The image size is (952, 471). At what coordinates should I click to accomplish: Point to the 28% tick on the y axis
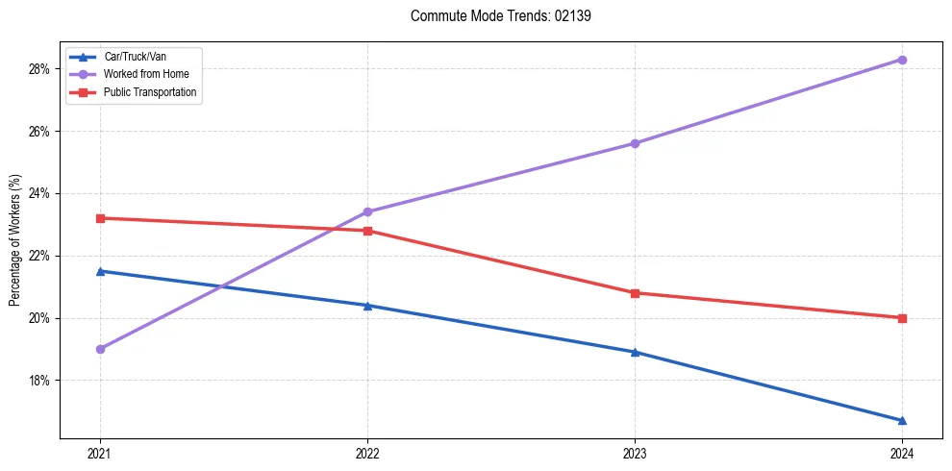39,69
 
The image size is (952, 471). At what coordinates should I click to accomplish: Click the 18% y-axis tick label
39,381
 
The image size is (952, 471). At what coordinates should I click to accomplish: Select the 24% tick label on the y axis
39,194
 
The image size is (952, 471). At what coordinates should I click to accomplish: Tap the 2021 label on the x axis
100,453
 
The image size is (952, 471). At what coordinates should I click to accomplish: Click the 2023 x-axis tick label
635,453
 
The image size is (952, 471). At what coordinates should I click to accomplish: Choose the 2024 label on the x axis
902,453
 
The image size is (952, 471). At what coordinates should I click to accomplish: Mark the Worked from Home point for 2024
902,60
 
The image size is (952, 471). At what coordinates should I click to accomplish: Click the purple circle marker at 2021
100,349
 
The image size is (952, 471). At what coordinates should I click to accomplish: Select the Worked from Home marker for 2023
635,143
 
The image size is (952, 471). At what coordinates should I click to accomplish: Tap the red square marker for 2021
100,218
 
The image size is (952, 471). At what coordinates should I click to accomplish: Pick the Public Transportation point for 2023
635,293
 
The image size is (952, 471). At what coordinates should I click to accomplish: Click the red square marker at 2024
902,318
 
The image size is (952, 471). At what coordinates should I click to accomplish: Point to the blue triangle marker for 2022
367,306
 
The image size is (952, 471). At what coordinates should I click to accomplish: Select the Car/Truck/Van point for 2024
902,420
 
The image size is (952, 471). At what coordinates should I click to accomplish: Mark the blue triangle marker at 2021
100,271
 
